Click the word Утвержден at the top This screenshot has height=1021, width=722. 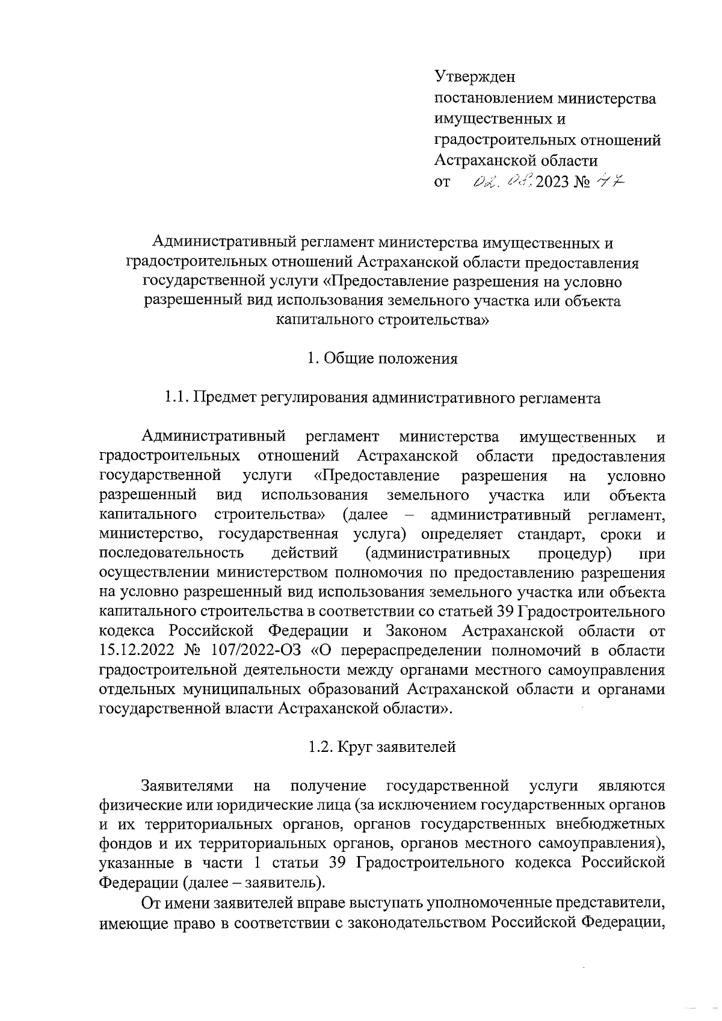(x=475, y=78)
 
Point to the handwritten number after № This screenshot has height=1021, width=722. (x=610, y=180)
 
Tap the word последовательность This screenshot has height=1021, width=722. (x=171, y=553)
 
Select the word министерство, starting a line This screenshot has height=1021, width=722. (x=150, y=534)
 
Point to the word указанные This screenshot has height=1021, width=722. (x=136, y=863)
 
